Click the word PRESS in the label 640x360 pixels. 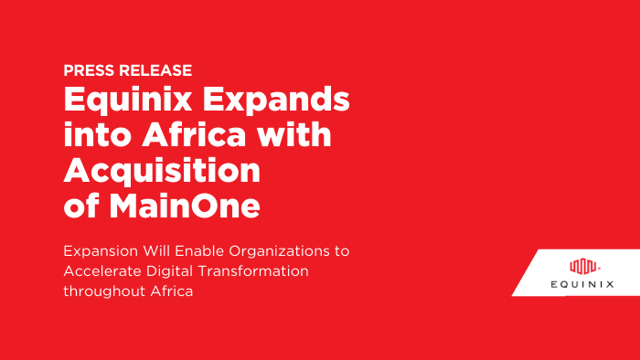tap(87, 69)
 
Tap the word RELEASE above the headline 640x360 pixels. tap(153, 69)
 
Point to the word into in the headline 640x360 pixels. tap(97, 136)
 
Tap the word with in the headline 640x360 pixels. tap(298, 136)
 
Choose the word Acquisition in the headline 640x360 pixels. tap(161, 172)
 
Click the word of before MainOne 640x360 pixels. tap(82, 206)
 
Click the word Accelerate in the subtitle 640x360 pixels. tap(102, 270)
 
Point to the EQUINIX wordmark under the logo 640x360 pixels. tap(583, 284)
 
